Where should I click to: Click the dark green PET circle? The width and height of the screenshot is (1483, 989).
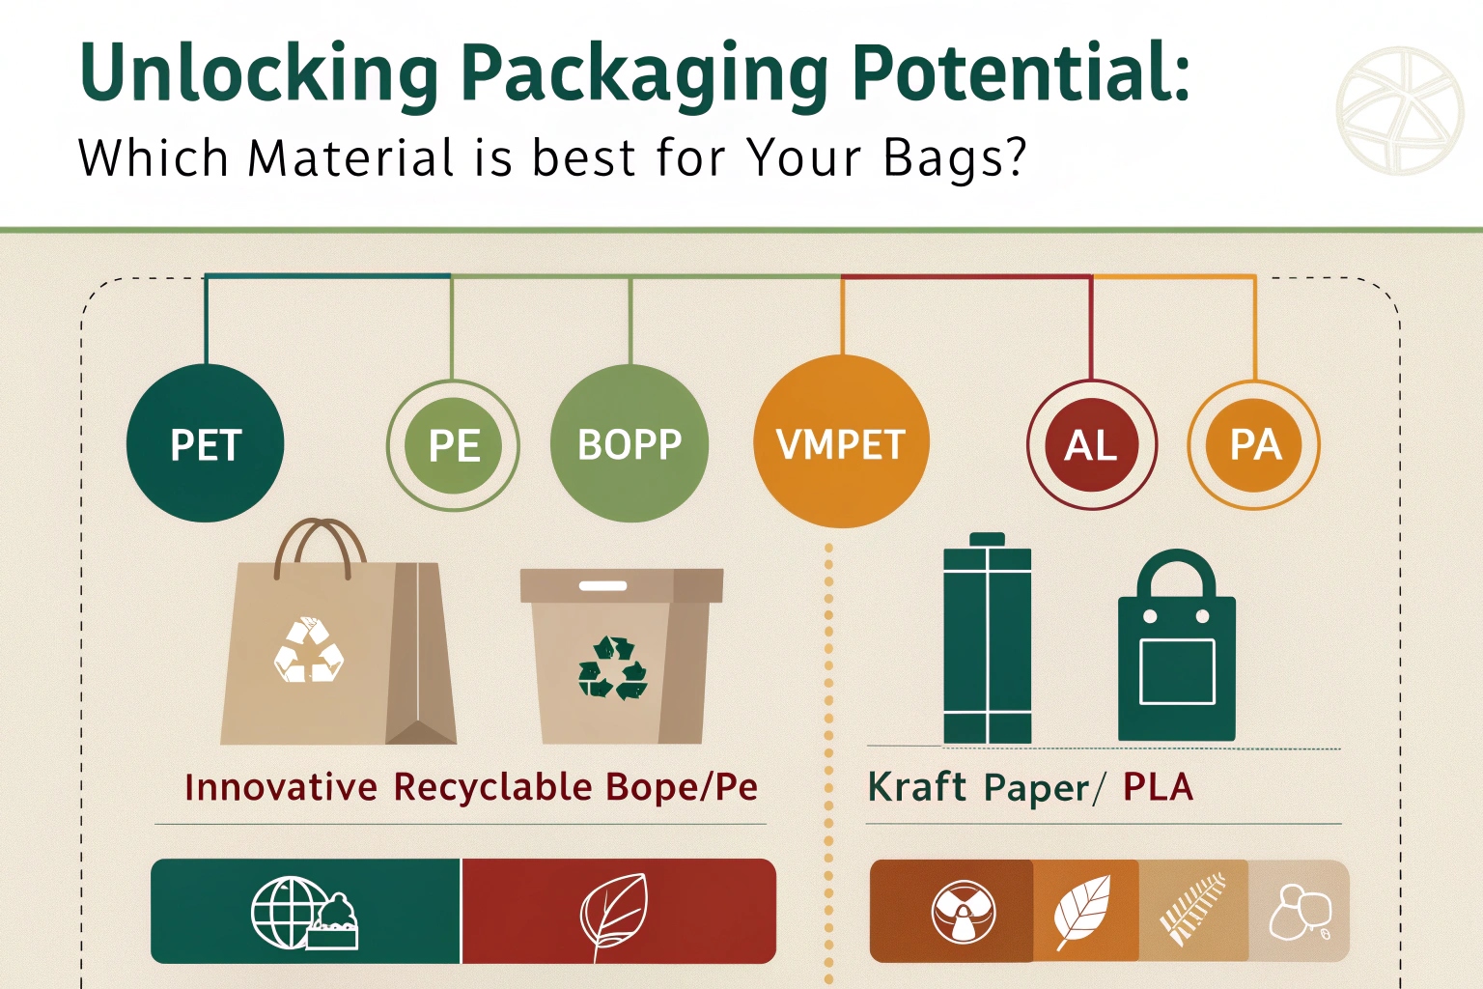206,443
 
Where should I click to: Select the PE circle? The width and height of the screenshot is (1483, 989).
453,445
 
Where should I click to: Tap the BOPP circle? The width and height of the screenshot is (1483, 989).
630,443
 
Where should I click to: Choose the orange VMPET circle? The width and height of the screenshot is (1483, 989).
842,441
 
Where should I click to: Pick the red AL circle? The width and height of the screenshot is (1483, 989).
1092,444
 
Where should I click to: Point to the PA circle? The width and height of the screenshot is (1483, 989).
1254,444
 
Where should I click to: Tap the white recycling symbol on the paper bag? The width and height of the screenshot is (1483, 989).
309,650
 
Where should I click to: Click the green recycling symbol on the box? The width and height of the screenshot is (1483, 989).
612,668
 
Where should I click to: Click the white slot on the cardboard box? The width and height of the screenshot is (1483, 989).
602,585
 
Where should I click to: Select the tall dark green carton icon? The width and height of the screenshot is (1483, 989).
987,637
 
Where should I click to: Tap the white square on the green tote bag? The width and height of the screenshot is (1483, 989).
1177,671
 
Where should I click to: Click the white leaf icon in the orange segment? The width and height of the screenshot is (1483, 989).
1081,911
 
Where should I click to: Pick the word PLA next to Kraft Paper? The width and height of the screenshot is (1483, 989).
1158,788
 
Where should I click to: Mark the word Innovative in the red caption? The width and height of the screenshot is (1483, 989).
281,787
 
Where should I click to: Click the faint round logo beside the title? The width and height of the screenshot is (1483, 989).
1400,110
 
